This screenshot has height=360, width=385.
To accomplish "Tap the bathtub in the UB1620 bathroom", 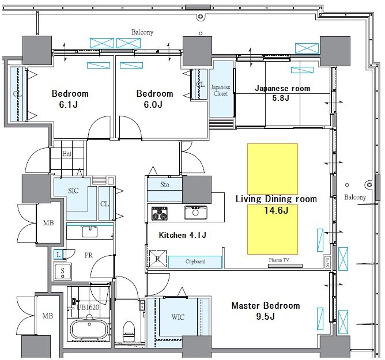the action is pyautogui.click(x=89, y=330).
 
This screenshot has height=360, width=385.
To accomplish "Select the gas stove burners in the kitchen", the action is pyautogui.click(x=160, y=213).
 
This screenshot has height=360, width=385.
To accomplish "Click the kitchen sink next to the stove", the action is pyautogui.click(x=195, y=213).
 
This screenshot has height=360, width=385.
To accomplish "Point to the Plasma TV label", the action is pyautogui.click(x=279, y=260).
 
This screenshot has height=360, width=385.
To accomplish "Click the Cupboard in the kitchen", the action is pyautogui.click(x=195, y=262).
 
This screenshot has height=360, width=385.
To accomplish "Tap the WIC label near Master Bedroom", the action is pyautogui.click(x=178, y=317).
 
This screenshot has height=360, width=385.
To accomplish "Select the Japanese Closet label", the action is pyautogui.click(x=221, y=90).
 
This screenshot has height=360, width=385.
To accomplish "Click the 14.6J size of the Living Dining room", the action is pyautogui.click(x=276, y=210).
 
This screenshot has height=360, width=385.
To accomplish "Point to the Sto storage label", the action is pyautogui.click(x=165, y=184).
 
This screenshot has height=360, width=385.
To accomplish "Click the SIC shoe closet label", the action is pyautogui.click(x=73, y=191).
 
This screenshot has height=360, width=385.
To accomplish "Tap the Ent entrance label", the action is pyautogui.click(x=67, y=154).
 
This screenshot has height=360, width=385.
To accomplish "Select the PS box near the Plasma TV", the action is pyautogui.click(x=327, y=262).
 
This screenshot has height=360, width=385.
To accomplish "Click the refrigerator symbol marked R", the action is pyautogui.click(x=158, y=259).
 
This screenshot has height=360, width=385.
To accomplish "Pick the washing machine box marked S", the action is pyautogui.click(x=63, y=272).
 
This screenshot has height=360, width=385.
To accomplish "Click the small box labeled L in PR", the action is pyautogui.click(x=58, y=255).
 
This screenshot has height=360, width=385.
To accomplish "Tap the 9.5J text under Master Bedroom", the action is pyautogui.click(x=265, y=316).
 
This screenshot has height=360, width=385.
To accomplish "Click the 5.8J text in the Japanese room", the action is pyautogui.click(x=281, y=98).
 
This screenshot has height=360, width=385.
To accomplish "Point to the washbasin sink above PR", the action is pyautogui.click(x=90, y=232).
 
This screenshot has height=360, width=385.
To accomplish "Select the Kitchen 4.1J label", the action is pyautogui.click(x=183, y=235).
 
